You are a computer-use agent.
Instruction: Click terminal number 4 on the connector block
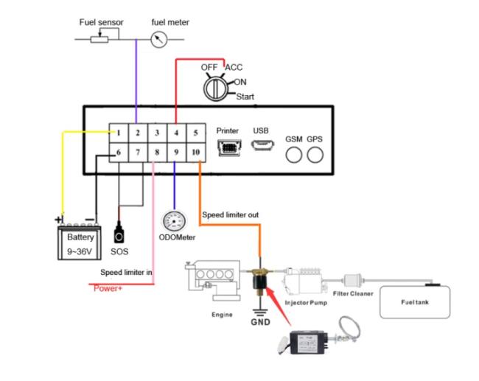176,133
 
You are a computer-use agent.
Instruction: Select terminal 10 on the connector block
196,152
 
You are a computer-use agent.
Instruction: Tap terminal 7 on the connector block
138,152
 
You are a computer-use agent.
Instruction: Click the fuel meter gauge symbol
159,39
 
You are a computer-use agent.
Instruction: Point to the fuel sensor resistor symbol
99,39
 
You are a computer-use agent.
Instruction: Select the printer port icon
229,147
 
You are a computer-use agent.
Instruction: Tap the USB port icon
262,145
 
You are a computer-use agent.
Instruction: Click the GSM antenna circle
294,155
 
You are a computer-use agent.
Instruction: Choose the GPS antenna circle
315,155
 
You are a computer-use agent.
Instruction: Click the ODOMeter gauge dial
174,221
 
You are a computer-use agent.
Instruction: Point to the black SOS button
119,233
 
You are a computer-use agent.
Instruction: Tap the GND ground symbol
260,312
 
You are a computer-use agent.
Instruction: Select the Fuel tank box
415,302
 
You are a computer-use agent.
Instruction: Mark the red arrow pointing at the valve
279,306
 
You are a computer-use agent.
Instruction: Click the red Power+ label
108,288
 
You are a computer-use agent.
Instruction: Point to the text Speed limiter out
231,214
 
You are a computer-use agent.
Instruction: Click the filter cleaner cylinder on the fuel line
353,281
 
